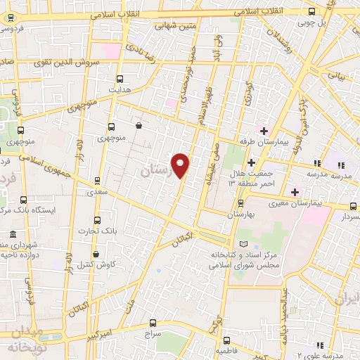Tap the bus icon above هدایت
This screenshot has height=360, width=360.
(x=119, y=79)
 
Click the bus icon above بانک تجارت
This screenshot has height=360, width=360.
(x=97, y=220)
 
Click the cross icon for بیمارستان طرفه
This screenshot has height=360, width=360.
(x=264, y=131)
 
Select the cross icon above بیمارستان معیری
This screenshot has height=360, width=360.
(x=295, y=192)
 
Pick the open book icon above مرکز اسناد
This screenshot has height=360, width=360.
(x=243, y=243)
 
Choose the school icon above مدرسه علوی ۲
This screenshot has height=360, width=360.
(x=321, y=345)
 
